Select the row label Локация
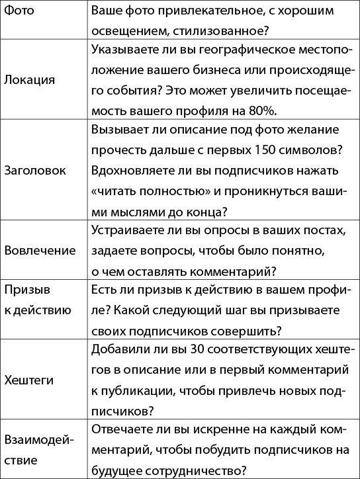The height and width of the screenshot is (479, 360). [x=29, y=79]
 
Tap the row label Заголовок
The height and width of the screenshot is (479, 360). [x=35, y=169]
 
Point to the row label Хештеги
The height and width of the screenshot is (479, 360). [x=28, y=381]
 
